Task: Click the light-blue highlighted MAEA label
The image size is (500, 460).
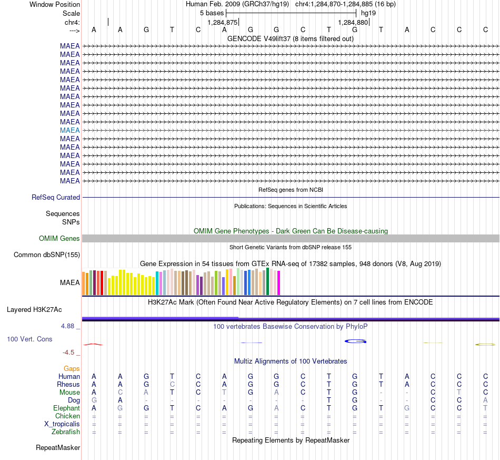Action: [x=70, y=130]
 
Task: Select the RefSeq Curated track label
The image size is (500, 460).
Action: [x=56, y=197]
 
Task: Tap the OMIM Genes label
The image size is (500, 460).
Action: [x=59, y=239]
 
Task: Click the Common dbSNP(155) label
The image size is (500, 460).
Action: [x=47, y=255]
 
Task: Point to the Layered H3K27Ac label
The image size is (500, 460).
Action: [x=34, y=310]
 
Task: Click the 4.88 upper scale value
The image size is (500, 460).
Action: [x=67, y=326]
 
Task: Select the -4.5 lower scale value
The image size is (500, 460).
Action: [x=68, y=353]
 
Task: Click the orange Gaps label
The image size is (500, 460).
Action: [x=72, y=369]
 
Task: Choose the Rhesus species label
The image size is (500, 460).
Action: [x=68, y=384]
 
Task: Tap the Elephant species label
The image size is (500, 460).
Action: [x=67, y=408]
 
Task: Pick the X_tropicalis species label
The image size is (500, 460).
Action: [x=62, y=424]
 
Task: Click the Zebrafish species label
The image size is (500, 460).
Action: [x=66, y=432]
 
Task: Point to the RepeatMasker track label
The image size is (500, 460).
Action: [x=58, y=447]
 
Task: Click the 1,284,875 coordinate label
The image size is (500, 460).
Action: [x=223, y=22]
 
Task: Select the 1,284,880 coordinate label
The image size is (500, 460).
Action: [x=353, y=22]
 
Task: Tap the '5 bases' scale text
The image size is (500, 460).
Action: [x=212, y=13]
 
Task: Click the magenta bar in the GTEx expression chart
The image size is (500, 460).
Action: [x=279, y=283]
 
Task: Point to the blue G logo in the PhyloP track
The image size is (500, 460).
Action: [x=355, y=341]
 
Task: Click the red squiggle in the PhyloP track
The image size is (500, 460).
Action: [x=93, y=345]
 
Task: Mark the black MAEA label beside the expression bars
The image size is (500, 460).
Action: [x=70, y=282]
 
